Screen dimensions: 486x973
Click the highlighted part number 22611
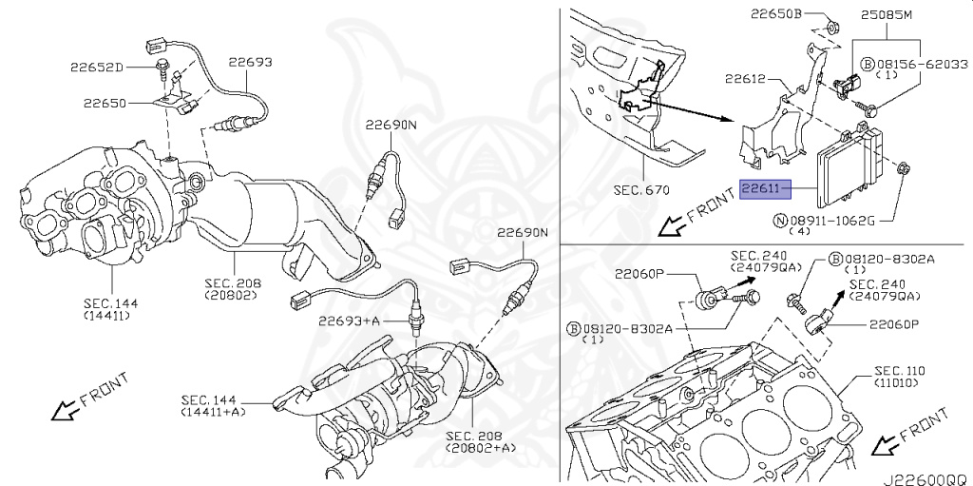tap(765, 190)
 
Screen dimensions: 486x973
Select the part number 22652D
tap(96, 68)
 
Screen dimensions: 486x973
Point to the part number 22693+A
tap(349, 321)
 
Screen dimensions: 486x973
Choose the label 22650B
tap(776, 15)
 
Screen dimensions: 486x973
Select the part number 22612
tap(745, 80)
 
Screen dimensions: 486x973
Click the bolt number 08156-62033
tap(922, 64)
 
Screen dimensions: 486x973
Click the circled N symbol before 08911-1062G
tap(781, 221)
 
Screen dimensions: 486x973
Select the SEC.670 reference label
tap(641, 190)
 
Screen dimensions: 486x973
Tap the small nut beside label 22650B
tap(830, 25)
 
